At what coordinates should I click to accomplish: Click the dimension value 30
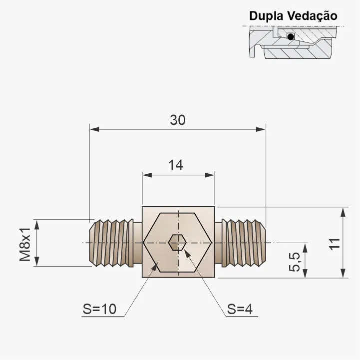tap(177, 120)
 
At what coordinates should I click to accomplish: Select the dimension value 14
tap(176, 165)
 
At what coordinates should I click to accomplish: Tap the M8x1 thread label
tap(25, 245)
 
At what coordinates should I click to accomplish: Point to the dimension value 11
tap(335, 244)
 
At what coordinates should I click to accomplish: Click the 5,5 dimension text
tap(295, 262)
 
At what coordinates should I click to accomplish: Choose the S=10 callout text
tap(99, 309)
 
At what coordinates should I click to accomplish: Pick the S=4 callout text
tap(240, 309)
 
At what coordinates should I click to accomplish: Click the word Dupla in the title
tap(266, 16)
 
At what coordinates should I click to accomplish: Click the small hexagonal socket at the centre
tap(177, 243)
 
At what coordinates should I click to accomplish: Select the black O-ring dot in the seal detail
tap(291, 36)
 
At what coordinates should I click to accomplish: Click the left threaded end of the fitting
tap(111, 243)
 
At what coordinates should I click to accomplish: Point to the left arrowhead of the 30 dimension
tap(94, 129)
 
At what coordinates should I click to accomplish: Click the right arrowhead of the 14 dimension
tap(210, 175)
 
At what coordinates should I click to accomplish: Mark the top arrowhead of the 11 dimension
tap(343, 212)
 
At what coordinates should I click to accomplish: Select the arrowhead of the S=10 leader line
tap(155, 267)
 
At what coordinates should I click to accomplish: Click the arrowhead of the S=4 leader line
tap(188, 254)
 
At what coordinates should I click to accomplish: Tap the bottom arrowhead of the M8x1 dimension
tap(37, 262)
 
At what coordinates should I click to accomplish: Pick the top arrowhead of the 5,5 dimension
tap(305, 248)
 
